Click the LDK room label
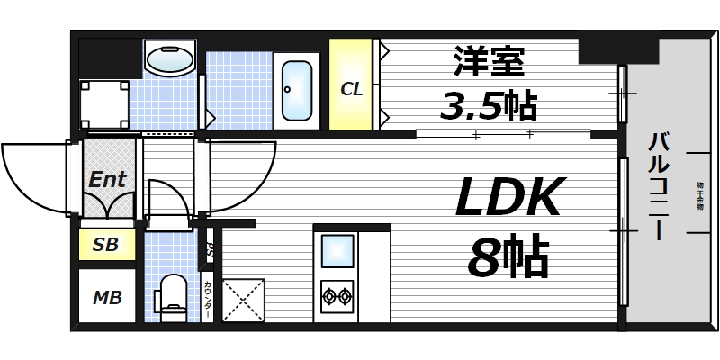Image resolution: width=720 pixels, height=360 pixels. coord(509,198)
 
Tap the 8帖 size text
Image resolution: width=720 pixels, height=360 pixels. coord(508,258)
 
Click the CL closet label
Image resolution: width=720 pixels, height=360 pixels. coord(351,89)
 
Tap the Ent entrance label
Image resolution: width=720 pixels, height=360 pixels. coord(107,178)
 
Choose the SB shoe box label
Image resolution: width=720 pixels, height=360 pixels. coord(106,244)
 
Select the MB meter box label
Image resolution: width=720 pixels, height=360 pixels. coord(106,296)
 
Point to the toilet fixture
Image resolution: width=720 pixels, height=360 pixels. coord(171,297)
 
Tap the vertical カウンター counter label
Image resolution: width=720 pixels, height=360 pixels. coord(208,298)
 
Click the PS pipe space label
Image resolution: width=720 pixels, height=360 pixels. coord(209,249)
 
